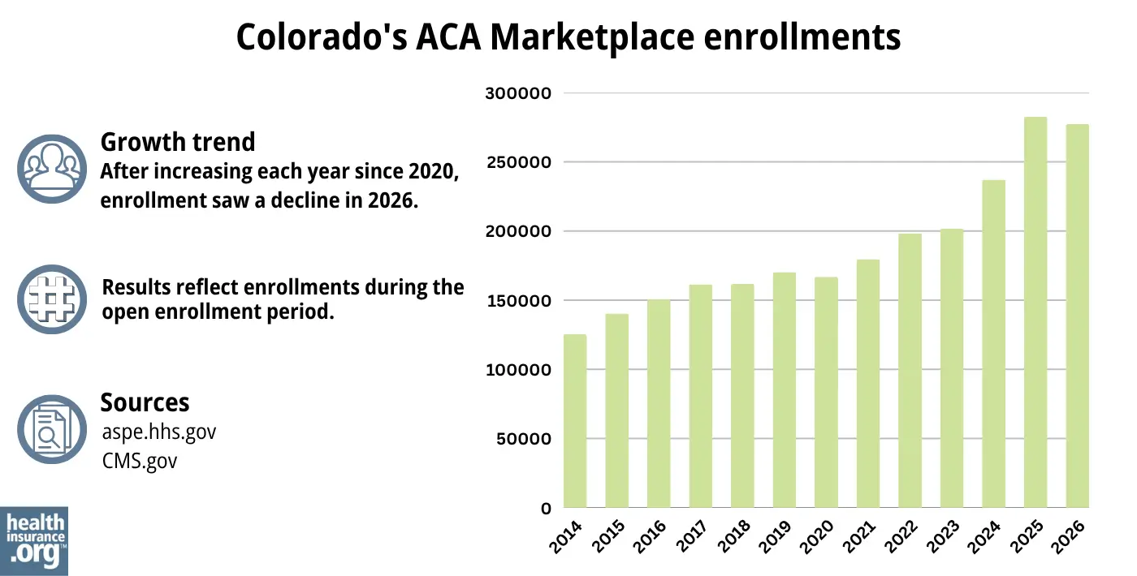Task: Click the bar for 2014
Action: pos(574,421)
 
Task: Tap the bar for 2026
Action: pos(1077,316)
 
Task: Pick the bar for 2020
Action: pos(826,393)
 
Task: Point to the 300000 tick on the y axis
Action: pos(518,93)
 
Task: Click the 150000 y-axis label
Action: pos(518,301)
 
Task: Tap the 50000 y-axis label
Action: pos(522,440)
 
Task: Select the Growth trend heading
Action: pos(177,142)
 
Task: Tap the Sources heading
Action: pos(145,402)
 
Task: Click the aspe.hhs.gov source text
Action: pos(159,432)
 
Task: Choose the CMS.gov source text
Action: pos(140,461)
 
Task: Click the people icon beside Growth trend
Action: pos(51,168)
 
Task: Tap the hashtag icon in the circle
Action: pos(51,299)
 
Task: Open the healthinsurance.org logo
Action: pos(34,540)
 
